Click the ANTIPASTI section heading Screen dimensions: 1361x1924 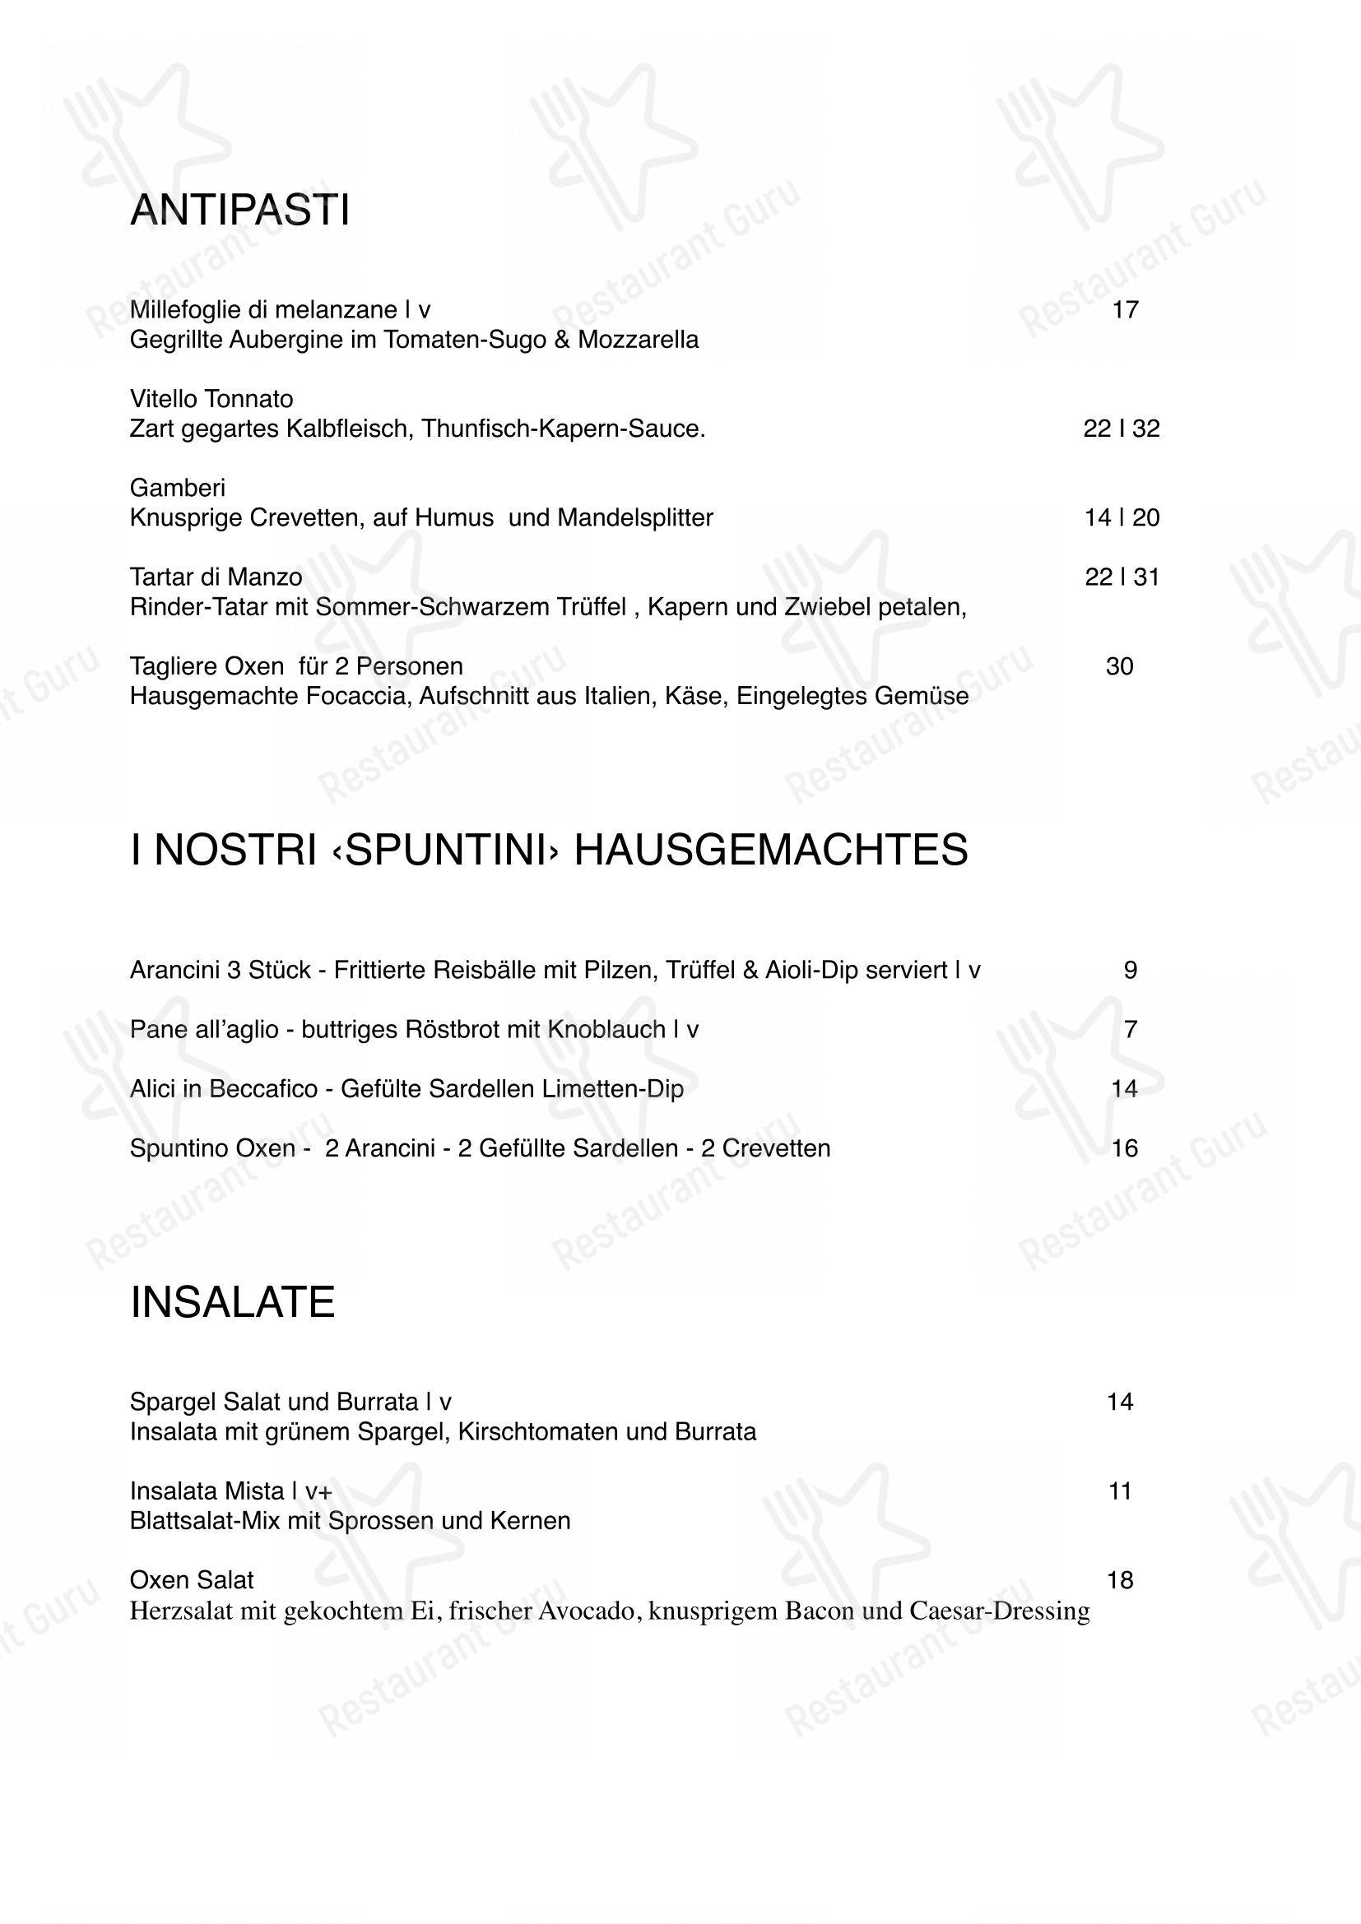coord(239,210)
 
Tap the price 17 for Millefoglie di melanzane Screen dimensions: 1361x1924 coord(1125,310)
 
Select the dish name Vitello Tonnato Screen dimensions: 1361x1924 coord(211,399)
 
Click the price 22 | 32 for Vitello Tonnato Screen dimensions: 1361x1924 coord(1122,429)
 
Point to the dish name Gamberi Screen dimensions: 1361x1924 coord(178,488)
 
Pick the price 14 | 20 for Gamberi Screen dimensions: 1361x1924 coord(1122,518)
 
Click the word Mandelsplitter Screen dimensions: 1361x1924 coord(634,518)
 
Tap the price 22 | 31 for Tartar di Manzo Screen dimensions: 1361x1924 coord(1122,577)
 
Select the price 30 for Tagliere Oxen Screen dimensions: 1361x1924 coord(1120,667)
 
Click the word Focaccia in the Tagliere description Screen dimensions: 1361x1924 coord(356,697)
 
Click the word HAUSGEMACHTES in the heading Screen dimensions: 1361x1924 coord(770,850)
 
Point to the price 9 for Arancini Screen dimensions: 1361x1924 coord(1130,971)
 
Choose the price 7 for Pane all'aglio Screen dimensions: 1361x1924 coord(1130,1029)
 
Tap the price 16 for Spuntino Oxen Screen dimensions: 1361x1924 coord(1125,1148)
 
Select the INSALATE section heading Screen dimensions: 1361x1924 coord(232,1302)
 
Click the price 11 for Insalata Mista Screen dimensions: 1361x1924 coord(1120,1491)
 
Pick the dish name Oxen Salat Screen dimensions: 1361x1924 coord(191,1580)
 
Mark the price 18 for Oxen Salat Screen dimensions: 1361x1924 coord(1120,1580)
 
